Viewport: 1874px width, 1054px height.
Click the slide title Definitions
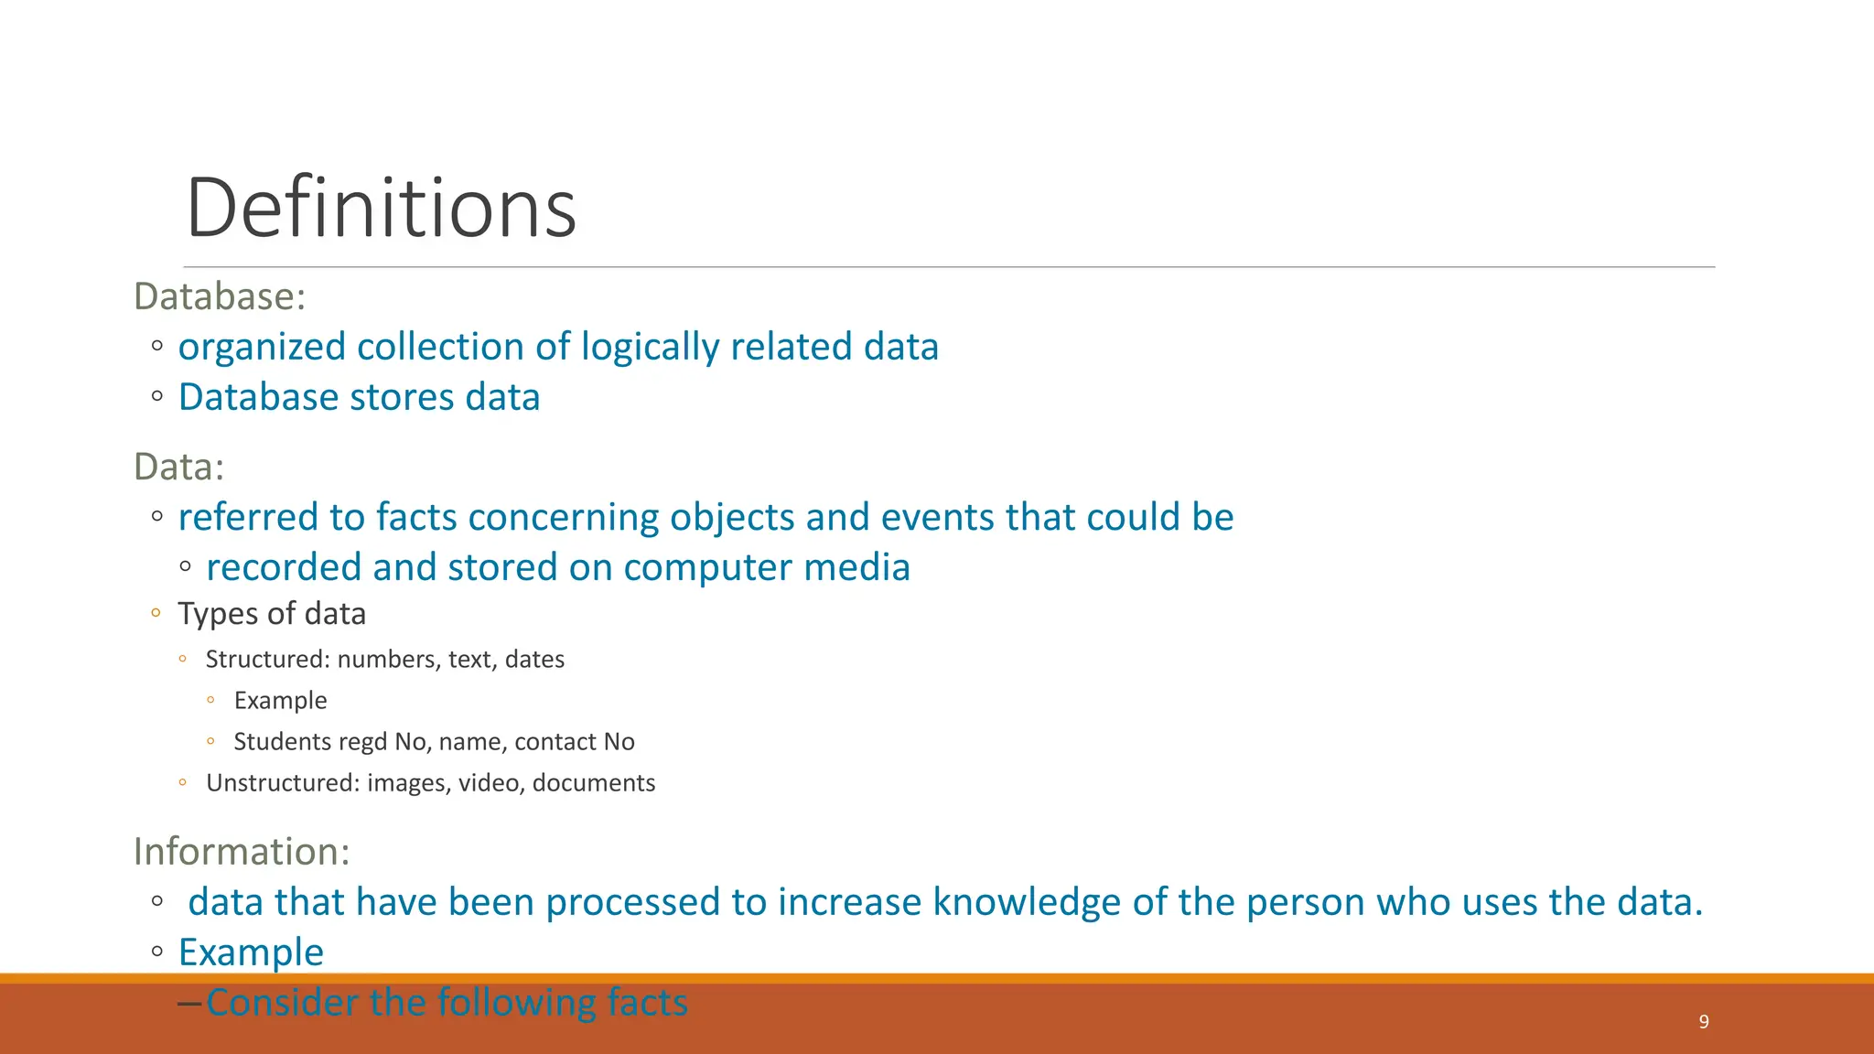pyautogui.click(x=381, y=209)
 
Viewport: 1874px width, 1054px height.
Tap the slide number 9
pyautogui.click(x=1703, y=1022)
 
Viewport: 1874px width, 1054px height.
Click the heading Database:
pyautogui.click(x=220, y=297)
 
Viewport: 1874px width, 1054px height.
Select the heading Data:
pyautogui.click(x=178, y=467)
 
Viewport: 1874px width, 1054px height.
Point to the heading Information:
pyautogui.click(x=242, y=852)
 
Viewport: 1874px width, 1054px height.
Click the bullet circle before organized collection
pyautogui.click(x=157, y=347)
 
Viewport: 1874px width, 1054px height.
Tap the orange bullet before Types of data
pyautogui.click(x=156, y=613)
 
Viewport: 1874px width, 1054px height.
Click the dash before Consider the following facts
pyautogui.click(x=189, y=1004)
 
